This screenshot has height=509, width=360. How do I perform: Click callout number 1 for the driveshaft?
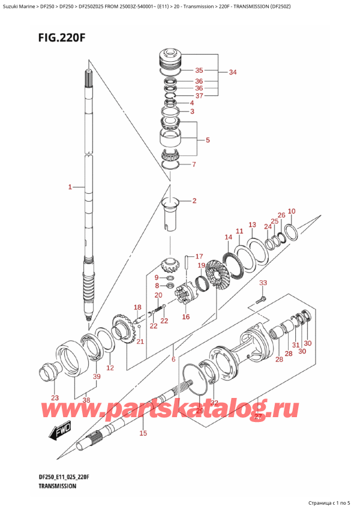70,187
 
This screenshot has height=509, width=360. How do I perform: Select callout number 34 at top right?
233,73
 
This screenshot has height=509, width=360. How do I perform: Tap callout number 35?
200,70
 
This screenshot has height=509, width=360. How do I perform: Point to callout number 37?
200,95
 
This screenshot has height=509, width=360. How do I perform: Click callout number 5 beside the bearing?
207,140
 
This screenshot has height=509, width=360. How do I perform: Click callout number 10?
292,211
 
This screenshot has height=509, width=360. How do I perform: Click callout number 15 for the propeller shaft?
143,433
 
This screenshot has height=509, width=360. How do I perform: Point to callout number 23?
55,398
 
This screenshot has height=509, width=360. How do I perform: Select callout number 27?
259,417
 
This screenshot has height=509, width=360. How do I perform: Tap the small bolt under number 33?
260,298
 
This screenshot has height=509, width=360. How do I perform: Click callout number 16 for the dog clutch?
185,317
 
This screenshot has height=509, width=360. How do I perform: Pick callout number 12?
110,367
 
